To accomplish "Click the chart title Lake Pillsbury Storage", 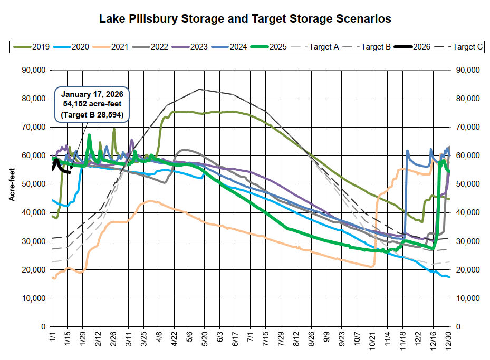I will click(245, 20).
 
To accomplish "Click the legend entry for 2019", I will click(41, 47).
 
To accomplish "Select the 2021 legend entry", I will click(120, 47).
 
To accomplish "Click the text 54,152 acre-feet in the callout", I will click(91, 104).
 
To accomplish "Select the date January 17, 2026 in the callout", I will click(91, 95).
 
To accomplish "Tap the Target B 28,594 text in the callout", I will click(91, 114).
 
